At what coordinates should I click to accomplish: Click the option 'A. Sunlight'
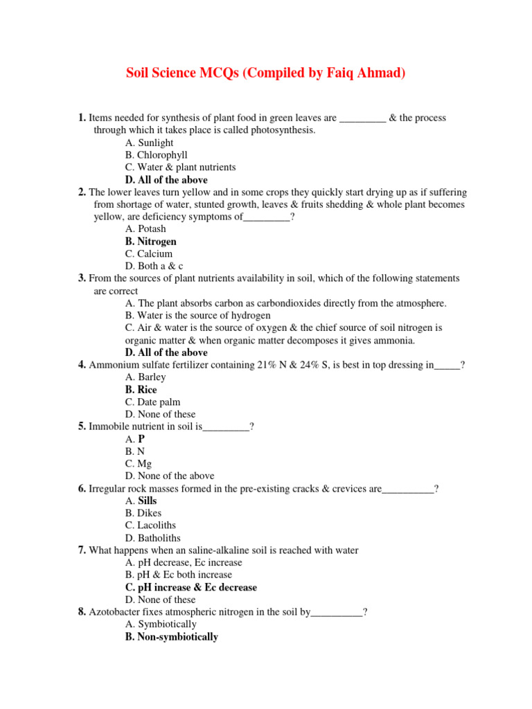point(149,143)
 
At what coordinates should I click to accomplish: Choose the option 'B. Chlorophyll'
point(156,155)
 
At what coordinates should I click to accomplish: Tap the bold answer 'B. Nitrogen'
point(150,242)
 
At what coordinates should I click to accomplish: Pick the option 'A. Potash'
point(145,229)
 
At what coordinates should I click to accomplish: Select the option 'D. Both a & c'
point(154,266)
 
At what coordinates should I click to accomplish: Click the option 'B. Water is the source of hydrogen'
point(197,315)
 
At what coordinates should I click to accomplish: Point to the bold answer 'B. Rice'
point(141,390)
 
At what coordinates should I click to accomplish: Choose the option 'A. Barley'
point(145,377)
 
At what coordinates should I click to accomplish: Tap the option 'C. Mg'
point(139,463)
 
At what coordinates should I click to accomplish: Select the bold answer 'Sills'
point(148,501)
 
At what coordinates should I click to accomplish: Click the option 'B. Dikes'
point(143,513)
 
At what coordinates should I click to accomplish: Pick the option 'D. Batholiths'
point(152,538)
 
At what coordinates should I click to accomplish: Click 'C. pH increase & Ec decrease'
point(190,587)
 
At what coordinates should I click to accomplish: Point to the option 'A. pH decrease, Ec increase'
point(184,563)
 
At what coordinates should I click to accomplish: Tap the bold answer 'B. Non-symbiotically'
point(171,637)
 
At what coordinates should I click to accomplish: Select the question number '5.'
point(82,427)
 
